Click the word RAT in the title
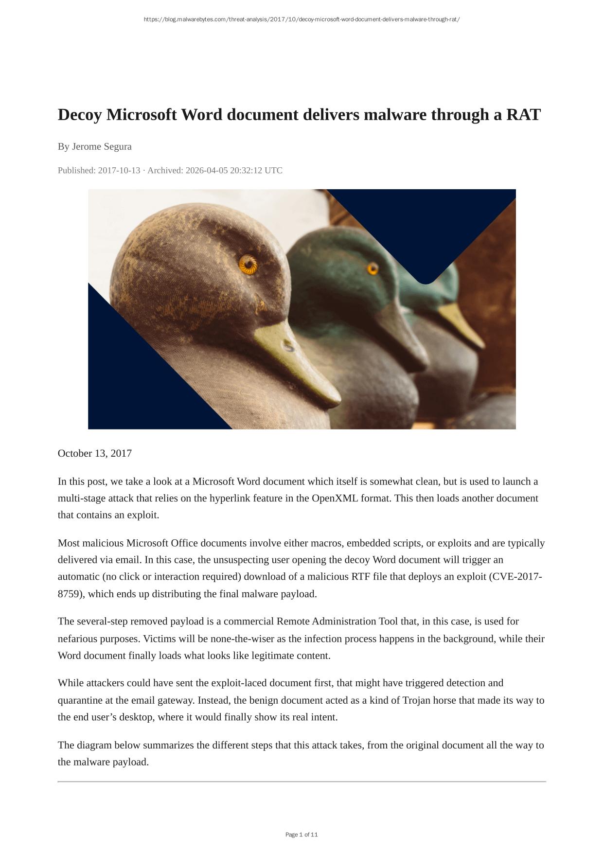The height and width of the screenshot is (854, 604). [x=523, y=115]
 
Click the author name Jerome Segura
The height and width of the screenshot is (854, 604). [x=102, y=146]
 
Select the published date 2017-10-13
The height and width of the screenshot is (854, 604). [x=119, y=170]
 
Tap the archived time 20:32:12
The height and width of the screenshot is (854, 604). [x=246, y=170]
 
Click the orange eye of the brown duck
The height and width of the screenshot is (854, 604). [x=248, y=265]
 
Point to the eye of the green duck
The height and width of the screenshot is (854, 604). [x=373, y=268]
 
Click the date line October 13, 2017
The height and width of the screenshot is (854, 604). [x=95, y=453]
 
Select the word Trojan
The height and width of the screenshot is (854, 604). [x=417, y=700]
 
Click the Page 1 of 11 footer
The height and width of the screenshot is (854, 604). [x=302, y=835]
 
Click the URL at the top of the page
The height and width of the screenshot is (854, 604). [x=302, y=19]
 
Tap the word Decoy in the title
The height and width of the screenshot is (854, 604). [x=80, y=115]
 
